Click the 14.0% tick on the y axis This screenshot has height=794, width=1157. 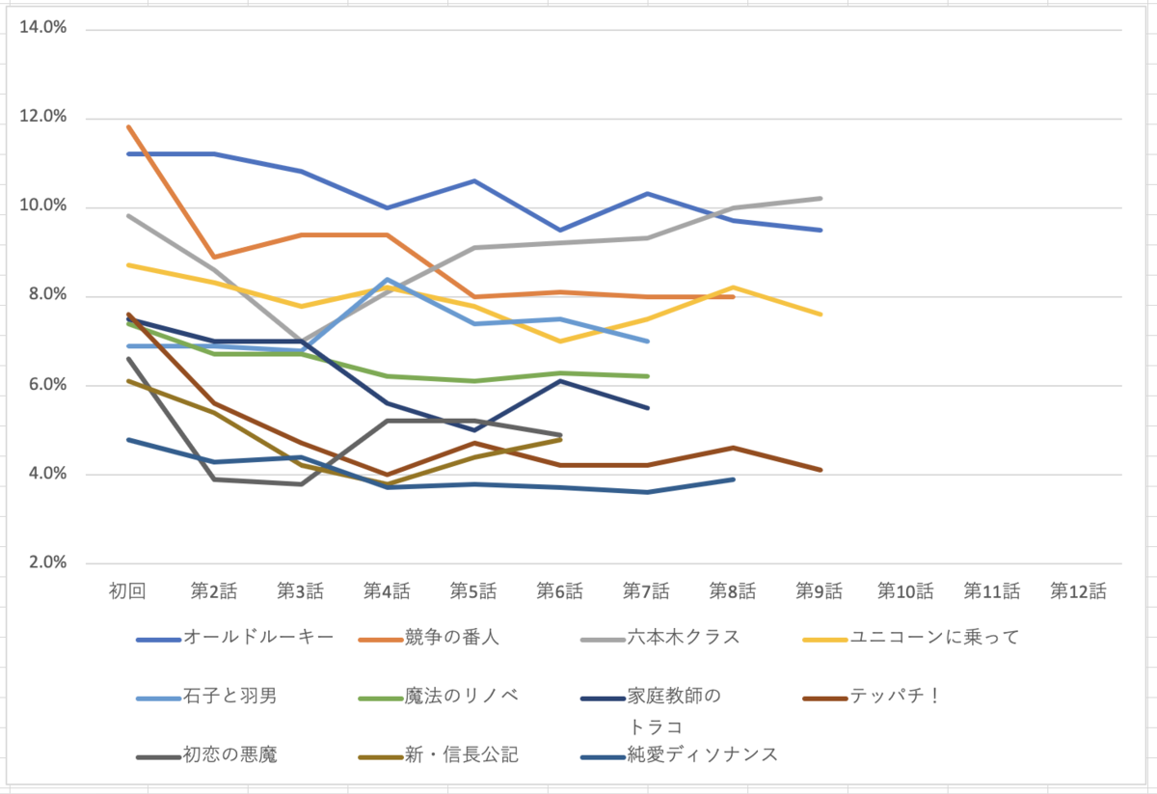point(44,29)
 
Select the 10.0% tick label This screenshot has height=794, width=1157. point(44,206)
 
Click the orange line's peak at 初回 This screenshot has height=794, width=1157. point(127,126)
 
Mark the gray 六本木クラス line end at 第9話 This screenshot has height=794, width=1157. point(820,199)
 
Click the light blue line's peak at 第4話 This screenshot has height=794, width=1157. point(388,279)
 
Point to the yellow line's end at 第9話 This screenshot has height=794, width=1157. point(820,314)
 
